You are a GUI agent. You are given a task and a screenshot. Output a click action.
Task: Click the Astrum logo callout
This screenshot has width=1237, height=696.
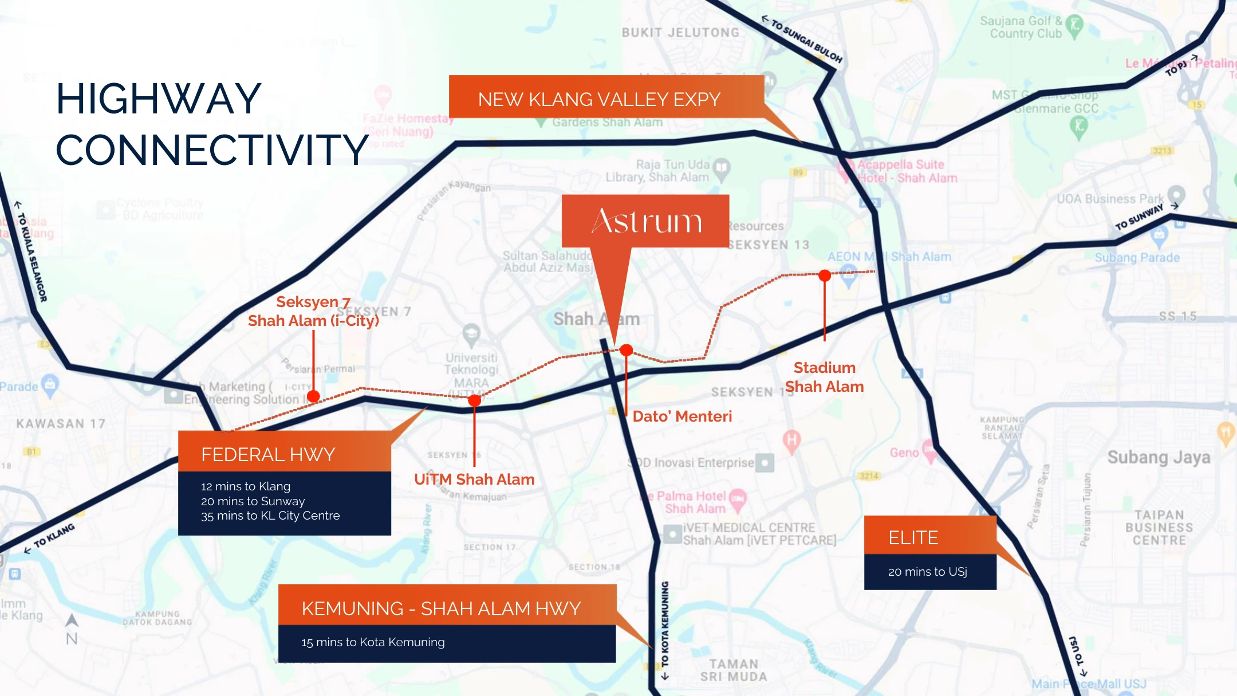coord(645,221)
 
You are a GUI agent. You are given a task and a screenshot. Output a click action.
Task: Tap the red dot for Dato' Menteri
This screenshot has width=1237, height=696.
coord(627,350)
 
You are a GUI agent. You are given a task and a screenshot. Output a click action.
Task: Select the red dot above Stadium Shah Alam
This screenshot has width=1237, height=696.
coord(825,276)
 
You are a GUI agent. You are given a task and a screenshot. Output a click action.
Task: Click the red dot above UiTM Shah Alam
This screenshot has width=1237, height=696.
coord(474,400)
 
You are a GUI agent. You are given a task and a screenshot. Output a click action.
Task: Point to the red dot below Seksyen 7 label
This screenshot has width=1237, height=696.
coord(313,396)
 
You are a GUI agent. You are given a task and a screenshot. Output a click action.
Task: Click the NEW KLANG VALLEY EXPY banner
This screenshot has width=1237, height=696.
coord(599,99)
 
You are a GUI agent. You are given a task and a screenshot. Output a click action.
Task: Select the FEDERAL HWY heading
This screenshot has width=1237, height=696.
coord(268,454)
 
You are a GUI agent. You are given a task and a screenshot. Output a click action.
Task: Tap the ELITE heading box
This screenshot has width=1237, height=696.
coord(913,537)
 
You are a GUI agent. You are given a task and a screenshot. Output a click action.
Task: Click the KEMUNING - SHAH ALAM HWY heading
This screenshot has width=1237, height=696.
coord(441,608)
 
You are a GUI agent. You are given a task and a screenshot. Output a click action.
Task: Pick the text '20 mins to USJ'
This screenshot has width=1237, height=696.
coord(927,572)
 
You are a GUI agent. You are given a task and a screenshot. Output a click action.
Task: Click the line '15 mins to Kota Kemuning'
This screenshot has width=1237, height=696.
coord(373,642)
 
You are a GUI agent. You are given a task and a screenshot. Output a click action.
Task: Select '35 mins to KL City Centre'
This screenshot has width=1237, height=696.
coord(270,516)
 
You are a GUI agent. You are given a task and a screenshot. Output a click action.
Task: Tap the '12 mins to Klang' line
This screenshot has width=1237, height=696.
coord(246,486)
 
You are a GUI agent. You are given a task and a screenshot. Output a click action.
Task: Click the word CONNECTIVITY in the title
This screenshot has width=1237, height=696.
coord(212,150)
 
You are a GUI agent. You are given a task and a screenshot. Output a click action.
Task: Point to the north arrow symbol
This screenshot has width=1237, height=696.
coord(72,620)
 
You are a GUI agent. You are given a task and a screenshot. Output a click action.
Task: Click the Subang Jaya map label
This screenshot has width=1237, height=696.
coord(1159,457)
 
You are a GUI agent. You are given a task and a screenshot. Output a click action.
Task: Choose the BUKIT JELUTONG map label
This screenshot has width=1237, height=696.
coord(680,33)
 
